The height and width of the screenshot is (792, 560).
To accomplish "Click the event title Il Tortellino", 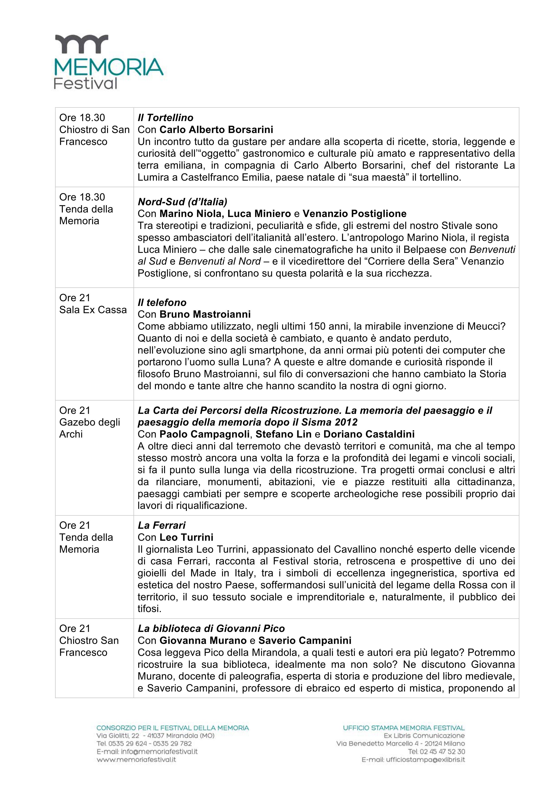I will (165, 118).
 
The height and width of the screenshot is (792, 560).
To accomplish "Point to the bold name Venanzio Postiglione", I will (354, 214).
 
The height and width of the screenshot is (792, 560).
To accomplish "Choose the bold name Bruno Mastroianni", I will (205, 314).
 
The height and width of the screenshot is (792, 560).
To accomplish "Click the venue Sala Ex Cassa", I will (93, 310).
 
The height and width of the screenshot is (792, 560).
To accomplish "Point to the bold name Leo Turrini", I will (186, 537).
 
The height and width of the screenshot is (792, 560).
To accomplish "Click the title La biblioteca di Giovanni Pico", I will (211, 629).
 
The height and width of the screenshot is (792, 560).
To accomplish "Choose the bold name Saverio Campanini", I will (305, 641).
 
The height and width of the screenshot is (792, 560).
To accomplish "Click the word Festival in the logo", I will (86, 84).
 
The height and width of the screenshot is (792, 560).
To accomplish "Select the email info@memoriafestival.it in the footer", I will (147, 751).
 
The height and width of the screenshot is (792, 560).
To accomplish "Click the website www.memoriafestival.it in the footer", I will (136, 759).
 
